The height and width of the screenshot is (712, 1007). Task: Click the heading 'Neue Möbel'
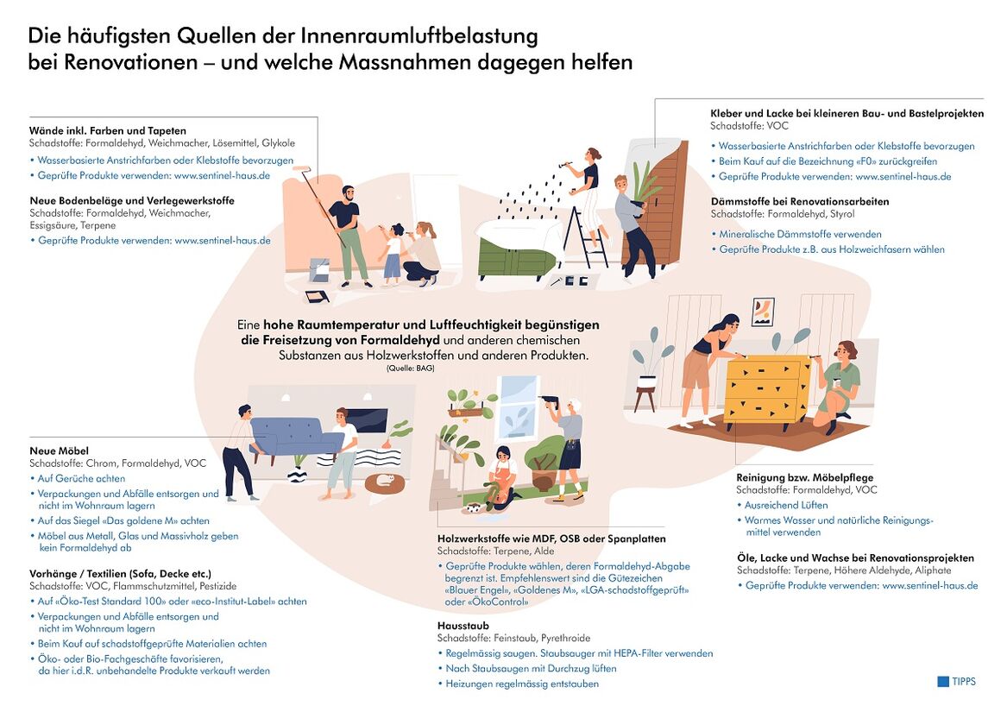pyautogui.click(x=59, y=451)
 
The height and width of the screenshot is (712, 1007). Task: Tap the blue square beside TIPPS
pyautogui.click(x=942, y=681)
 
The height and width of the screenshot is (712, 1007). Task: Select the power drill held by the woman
pyautogui.click(x=546, y=400)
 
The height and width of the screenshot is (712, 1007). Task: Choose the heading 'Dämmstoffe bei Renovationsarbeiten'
pyautogui.click(x=799, y=201)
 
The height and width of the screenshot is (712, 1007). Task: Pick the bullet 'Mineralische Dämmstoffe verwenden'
pyautogui.click(x=800, y=234)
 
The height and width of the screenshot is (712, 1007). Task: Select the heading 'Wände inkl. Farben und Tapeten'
pyautogui.click(x=107, y=130)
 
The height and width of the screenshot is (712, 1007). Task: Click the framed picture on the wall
pyautogui.click(x=763, y=312)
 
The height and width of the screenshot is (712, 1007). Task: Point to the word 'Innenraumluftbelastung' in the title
pyautogui.click(x=419, y=36)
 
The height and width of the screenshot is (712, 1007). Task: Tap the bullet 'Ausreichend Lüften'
pyautogui.click(x=786, y=505)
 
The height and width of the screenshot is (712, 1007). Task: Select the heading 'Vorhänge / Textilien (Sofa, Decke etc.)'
pyautogui.click(x=120, y=573)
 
